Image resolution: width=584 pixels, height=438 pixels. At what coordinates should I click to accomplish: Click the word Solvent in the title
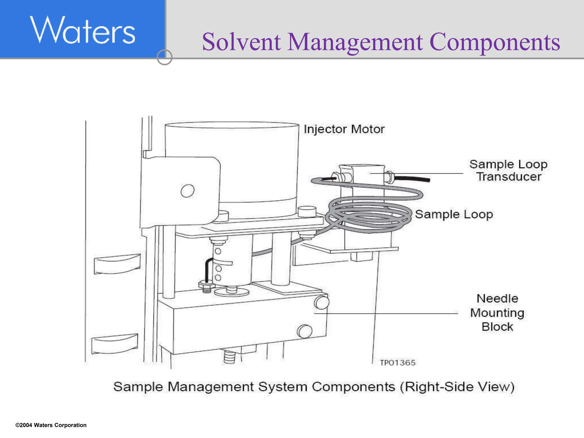[241, 42]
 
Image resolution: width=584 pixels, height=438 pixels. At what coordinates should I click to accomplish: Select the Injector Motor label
[344, 129]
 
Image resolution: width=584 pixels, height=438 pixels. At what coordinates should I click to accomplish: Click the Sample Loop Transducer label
[508, 170]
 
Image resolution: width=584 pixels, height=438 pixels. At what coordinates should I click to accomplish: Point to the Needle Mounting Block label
[497, 313]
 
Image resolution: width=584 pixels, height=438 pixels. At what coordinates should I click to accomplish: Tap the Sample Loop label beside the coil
[454, 214]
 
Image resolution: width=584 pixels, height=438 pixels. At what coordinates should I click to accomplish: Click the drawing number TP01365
[398, 363]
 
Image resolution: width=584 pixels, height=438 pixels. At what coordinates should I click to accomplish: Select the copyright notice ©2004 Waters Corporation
[51, 425]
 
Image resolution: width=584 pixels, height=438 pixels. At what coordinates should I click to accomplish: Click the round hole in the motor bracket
[187, 191]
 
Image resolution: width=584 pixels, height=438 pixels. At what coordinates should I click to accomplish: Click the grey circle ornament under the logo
[165, 57]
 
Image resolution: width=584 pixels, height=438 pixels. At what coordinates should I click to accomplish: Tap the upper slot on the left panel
[117, 264]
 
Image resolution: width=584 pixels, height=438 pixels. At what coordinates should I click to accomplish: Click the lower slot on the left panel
[115, 344]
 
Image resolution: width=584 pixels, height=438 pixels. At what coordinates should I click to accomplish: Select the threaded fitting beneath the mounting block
[229, 356]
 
